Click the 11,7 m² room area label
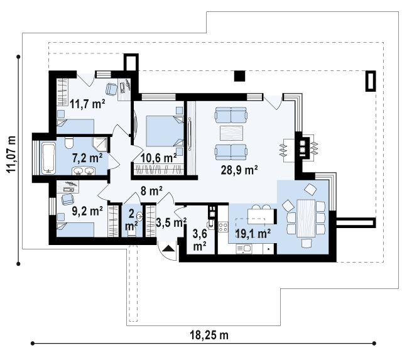(87, 104)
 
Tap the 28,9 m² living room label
(239, 170)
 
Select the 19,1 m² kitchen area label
(253, 234)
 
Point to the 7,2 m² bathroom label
(87, 158)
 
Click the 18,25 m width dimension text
(209, 335)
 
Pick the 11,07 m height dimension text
(11, 155)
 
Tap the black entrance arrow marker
(168, 248)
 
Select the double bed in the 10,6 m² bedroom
(165, 131)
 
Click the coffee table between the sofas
(231, 133)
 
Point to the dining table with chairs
(306, 219)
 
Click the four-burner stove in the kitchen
(223, 226)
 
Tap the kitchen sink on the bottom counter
(244, 249)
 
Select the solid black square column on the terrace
(240, 76)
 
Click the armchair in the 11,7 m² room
(112, 89)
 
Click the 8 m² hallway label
(151, 191)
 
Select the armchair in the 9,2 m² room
(67, 200)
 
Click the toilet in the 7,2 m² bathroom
(69, 143)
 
